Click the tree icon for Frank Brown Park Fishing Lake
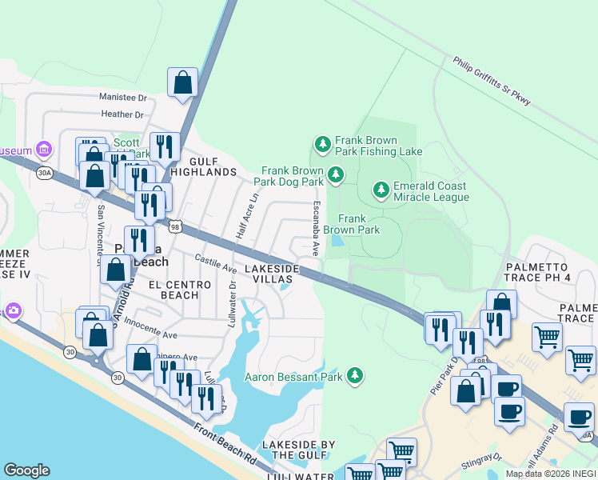point(322,145)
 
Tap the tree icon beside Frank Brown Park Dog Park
point(337,174)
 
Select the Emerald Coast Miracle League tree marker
point(381,190)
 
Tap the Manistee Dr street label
point(124,98)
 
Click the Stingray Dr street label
point(480,459)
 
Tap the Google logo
point(26,470)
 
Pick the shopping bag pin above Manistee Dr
point(182,82)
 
